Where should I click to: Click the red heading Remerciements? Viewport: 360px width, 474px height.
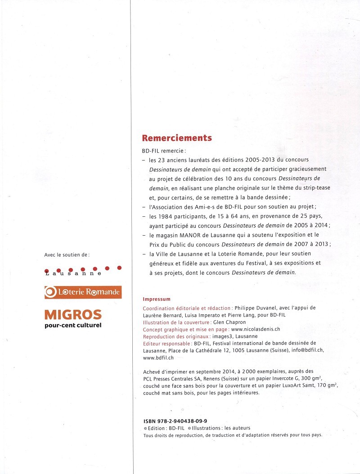(177, 138)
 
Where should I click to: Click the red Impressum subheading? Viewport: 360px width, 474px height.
(156, 299)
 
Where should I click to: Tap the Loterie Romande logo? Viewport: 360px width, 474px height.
(83, 292)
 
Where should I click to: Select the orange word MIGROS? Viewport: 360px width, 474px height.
(73, 315)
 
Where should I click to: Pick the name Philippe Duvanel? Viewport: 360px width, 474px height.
(256, 308)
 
